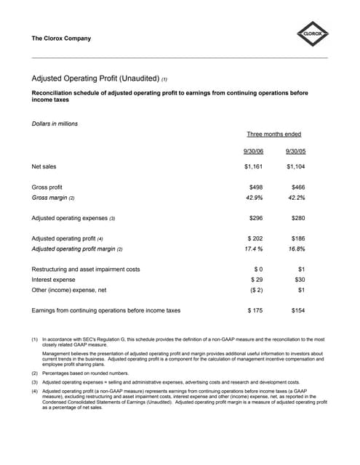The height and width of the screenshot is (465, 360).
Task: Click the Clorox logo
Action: pos(313,33)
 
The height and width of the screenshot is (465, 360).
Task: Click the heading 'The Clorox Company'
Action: pos(62,39)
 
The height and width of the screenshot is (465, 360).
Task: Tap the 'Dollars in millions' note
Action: pos(55,124)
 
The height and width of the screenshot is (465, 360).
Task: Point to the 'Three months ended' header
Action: pos(274,134)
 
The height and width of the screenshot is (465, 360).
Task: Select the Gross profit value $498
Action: pos(255,187)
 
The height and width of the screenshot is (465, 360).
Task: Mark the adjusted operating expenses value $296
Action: pos(255,218)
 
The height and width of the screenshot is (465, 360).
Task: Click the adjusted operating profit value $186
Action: pos(297,238)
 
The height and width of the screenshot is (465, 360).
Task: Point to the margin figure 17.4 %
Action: pos(252,248)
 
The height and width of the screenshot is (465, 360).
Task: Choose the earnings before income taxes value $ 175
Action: pos(255,310)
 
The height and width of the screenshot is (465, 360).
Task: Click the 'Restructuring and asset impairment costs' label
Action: pos(86,269)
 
